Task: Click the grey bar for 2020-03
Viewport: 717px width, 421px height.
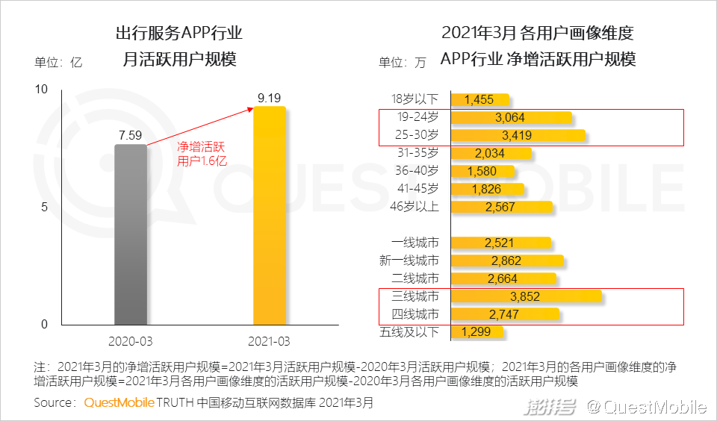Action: pos(131,234)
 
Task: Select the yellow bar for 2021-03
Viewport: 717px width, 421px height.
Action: pos(270,216)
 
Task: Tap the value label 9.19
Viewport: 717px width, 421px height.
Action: pos(270,97)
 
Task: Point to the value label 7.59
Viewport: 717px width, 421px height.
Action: pos(131,135)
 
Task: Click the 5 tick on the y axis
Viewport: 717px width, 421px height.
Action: pos(43,207)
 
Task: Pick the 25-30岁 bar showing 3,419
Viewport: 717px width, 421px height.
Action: pos(518,136)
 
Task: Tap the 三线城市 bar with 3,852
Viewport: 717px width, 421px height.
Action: pos(526,296)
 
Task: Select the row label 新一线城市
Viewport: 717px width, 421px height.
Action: pos(409,261)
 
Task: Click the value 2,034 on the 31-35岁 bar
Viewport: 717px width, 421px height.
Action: pos(490,154)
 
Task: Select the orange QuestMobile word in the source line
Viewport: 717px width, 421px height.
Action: pos(119,403)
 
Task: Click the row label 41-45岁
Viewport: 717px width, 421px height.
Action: pos(417,189)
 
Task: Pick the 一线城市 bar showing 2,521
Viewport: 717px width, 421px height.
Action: pos(500,243)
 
